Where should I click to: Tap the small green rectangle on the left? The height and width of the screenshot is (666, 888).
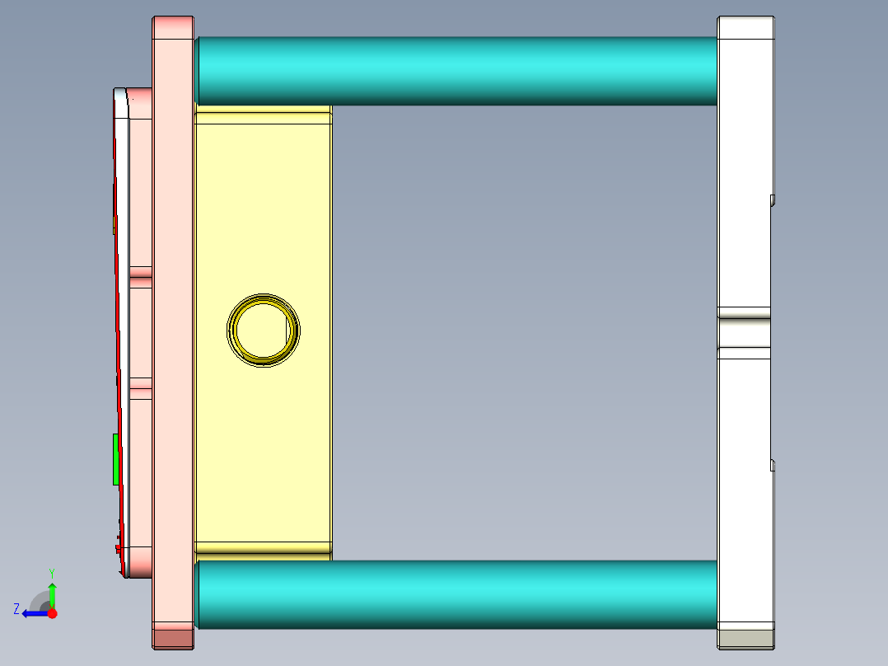(116, 459)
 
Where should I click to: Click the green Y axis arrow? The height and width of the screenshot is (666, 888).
(52, 594)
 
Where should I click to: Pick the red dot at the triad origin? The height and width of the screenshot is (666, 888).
(52, 613)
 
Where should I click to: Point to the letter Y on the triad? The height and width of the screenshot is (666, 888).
(51, 572)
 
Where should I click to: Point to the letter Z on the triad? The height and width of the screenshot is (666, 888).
(16, 608)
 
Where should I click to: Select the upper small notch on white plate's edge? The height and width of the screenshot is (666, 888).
(773, 199)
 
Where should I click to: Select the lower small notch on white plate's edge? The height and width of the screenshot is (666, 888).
(773, 466)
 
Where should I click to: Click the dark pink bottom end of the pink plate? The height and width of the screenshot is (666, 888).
(173, 638)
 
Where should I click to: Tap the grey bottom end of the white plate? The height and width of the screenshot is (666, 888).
(745, 638)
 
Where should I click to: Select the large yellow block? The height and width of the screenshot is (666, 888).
(264, 206)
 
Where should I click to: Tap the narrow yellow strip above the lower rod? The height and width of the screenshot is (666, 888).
(264, 547)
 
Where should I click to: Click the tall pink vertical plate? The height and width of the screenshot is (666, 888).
(173, 330)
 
